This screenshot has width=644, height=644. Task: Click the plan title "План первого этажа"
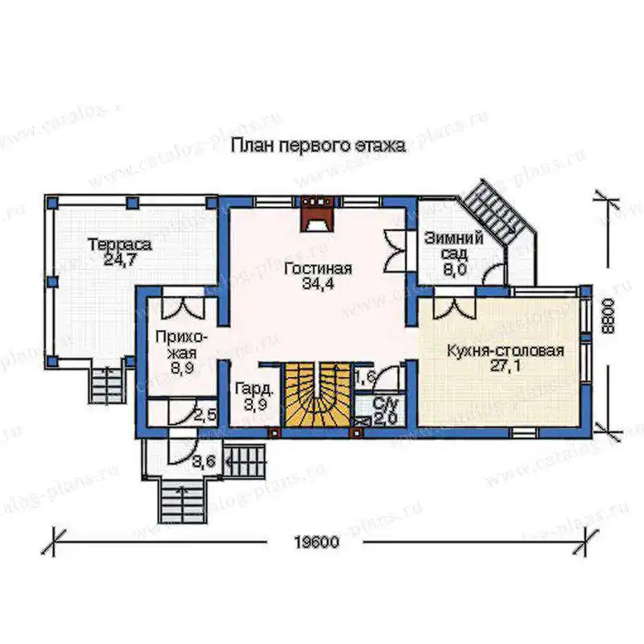point(318,147)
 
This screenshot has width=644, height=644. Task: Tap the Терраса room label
point(120,251)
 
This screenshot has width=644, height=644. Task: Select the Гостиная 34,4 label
point(318,276)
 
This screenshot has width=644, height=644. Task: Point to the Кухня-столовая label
point(506,358)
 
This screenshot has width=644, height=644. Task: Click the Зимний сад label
point(454,254)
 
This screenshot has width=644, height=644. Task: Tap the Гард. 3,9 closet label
point(254,397)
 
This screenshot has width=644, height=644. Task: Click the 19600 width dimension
point(317,542)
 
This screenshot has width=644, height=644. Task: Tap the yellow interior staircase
point(318,394)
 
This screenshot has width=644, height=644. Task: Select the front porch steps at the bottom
point(181,502)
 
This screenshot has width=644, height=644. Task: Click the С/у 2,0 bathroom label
point(385,411)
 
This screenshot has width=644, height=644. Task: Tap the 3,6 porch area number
point(204,461)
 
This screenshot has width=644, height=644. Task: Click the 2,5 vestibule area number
point(205,415)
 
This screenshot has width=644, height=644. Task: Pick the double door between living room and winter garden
point(394,251)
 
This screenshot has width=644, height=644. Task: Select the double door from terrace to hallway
point(183,308)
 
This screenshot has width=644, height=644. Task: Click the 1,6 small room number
point(365,377)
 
